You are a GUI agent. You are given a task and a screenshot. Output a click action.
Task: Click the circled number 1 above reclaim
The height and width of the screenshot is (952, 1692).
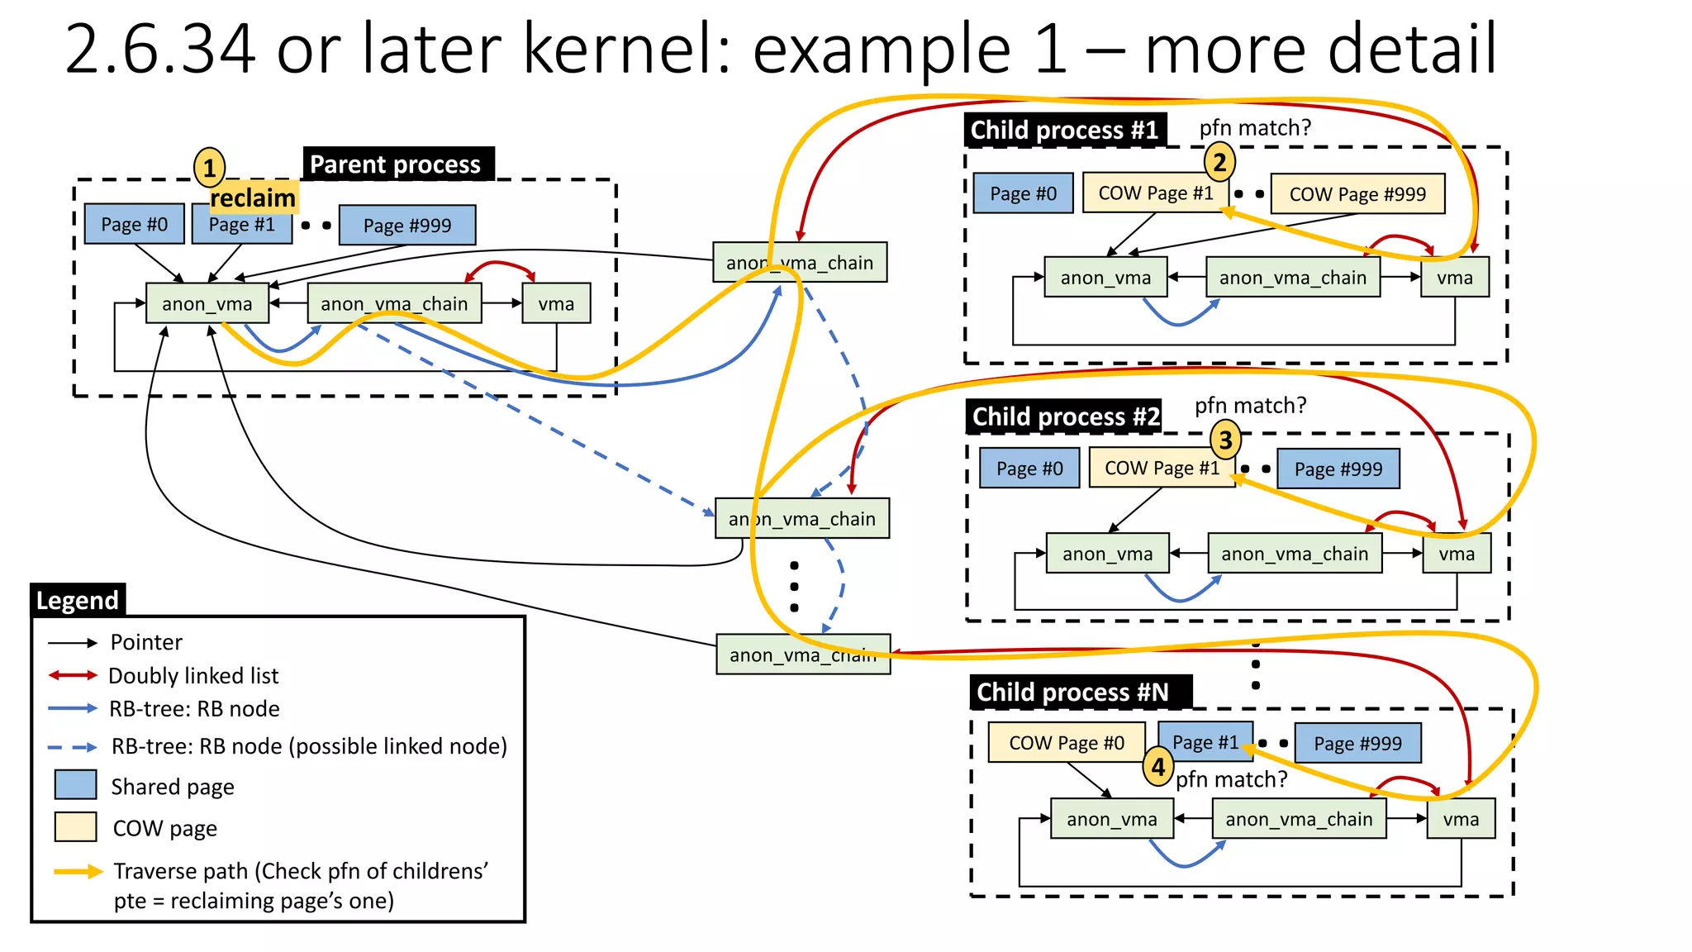tap(209, 168)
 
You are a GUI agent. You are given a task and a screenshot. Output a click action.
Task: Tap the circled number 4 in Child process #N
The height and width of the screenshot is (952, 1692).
tap(1158, 767)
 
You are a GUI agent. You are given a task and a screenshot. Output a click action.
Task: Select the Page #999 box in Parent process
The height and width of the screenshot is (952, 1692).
tap(407, 225)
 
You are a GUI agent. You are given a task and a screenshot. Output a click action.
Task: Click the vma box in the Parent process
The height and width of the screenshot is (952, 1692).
tap(556, 303)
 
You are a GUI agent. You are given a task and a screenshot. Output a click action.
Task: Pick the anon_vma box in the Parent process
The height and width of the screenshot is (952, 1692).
tap(207, 303)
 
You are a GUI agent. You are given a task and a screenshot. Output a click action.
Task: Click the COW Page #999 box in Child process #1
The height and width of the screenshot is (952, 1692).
tap(1357, 193)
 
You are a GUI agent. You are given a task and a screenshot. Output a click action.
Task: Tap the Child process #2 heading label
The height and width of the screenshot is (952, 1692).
tap(1065, 416)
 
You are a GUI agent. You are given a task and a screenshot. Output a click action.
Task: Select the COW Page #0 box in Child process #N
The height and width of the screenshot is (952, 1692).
tap(1067, 742)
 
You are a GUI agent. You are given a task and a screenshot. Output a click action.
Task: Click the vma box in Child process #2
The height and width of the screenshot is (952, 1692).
tap(1457, 554)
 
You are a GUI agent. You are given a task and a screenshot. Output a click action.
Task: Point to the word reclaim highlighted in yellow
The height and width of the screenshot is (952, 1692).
tap(253, 198)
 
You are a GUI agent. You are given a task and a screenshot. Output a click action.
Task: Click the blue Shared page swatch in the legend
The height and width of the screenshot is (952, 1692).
tap(76, 785)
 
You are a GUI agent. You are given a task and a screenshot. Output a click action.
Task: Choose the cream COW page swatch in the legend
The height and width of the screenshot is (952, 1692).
tap(76, 827)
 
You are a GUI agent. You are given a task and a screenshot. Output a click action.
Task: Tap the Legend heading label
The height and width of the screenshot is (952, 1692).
tap(78, 600)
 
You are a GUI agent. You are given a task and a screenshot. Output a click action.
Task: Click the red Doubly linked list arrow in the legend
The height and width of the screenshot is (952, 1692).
tap(73, 675)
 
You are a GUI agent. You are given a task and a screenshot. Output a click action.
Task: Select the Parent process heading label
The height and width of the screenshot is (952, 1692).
tap(396, 164)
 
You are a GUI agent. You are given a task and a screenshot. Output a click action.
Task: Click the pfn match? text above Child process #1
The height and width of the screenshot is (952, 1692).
tap(1255, 128)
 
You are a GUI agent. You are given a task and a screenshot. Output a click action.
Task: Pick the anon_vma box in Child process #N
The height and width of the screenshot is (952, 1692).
tap(1111, 819)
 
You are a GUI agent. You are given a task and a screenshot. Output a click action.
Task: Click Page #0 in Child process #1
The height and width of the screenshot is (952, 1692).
tap(1023, 193)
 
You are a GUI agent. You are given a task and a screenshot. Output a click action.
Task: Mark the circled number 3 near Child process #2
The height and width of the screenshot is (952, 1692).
tap(1226, 440)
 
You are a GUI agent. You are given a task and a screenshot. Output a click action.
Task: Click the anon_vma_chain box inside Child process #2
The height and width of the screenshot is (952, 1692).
tap(1295, 554)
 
